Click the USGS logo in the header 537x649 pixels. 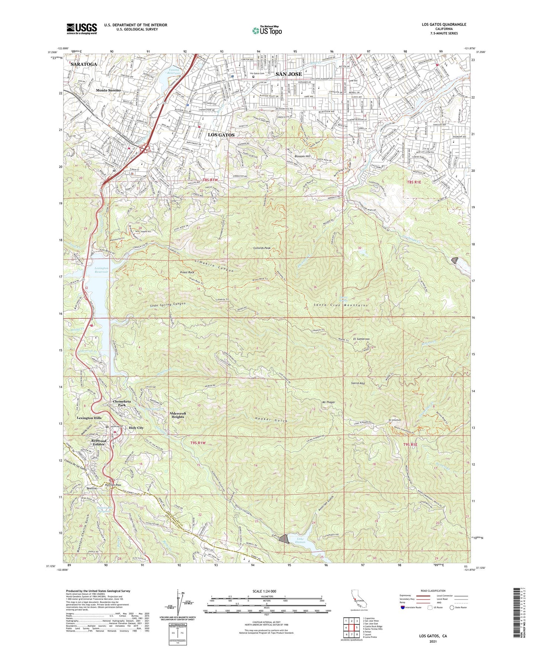(82, 28)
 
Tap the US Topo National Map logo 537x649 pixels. (267, 30)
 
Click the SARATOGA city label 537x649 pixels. (83, 64)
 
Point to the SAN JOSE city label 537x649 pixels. (288, 74)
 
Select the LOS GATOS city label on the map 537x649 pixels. (221, 135)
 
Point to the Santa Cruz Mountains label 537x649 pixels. (340, 305)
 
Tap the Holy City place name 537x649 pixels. (136, 428)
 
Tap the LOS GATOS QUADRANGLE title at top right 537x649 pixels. (444, 25)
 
